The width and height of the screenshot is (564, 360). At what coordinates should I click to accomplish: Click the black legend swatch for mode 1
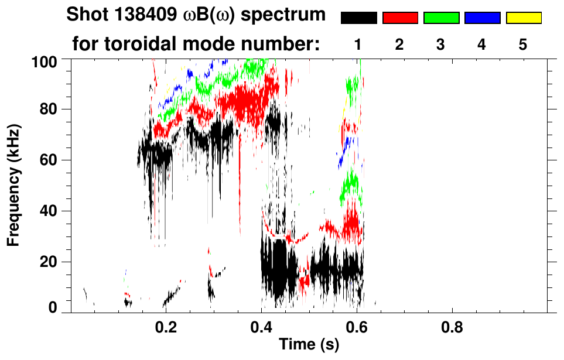[x=358, y=18]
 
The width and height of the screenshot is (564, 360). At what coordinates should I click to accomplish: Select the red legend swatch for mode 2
[x=400, y=18]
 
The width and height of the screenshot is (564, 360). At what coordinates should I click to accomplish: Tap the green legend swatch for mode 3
[x=441, y=18]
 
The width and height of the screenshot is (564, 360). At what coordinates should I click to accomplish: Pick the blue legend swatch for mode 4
[x=482, y=18]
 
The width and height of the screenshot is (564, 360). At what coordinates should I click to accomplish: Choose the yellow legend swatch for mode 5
[x=523, y=18]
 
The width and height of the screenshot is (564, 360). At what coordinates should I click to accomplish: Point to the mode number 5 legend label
[x=523, y=44]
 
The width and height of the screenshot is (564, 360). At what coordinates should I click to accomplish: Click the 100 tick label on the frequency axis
[x=44, y=60]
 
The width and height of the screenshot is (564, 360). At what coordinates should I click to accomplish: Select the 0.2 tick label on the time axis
[x=166, y=326]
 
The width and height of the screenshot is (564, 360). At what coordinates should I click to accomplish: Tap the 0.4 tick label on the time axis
[x=261, y=326]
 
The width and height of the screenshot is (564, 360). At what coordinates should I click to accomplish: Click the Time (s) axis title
[x=309, y=345]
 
